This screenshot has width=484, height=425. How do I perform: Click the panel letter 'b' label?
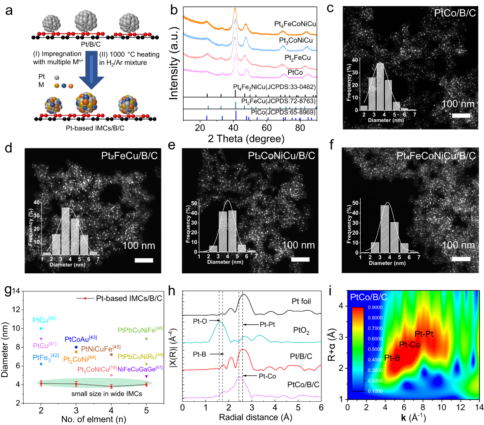[174, 10]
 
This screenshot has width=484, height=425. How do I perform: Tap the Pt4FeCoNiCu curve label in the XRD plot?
[295, 24]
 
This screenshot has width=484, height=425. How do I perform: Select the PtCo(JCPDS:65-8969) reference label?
[283, 112]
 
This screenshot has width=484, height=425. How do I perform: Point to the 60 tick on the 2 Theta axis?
[267, 128]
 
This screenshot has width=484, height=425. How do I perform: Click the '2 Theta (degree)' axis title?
[246, 139]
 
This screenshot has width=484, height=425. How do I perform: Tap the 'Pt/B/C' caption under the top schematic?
[91, 45]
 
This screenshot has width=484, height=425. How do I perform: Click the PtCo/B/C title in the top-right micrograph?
[455, 13]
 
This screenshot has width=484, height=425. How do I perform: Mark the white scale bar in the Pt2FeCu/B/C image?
[144, 260]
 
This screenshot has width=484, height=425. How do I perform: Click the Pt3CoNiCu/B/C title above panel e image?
[281, 156]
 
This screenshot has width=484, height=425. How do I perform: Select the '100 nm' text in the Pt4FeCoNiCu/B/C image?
[458, 245]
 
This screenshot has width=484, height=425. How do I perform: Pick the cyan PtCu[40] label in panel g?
[44, 320]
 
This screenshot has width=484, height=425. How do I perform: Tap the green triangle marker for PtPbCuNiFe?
[146, 339]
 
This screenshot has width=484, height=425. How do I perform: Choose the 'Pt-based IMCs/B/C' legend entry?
[129, 298]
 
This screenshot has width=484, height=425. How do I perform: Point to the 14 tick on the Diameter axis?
[16, 291]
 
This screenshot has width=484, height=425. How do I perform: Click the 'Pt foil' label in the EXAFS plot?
[301, 302]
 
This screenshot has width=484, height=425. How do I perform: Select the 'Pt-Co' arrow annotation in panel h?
[267, 376]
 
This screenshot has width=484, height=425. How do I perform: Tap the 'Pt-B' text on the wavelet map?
[392, 358]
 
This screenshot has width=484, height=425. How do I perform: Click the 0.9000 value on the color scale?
[375, 307]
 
